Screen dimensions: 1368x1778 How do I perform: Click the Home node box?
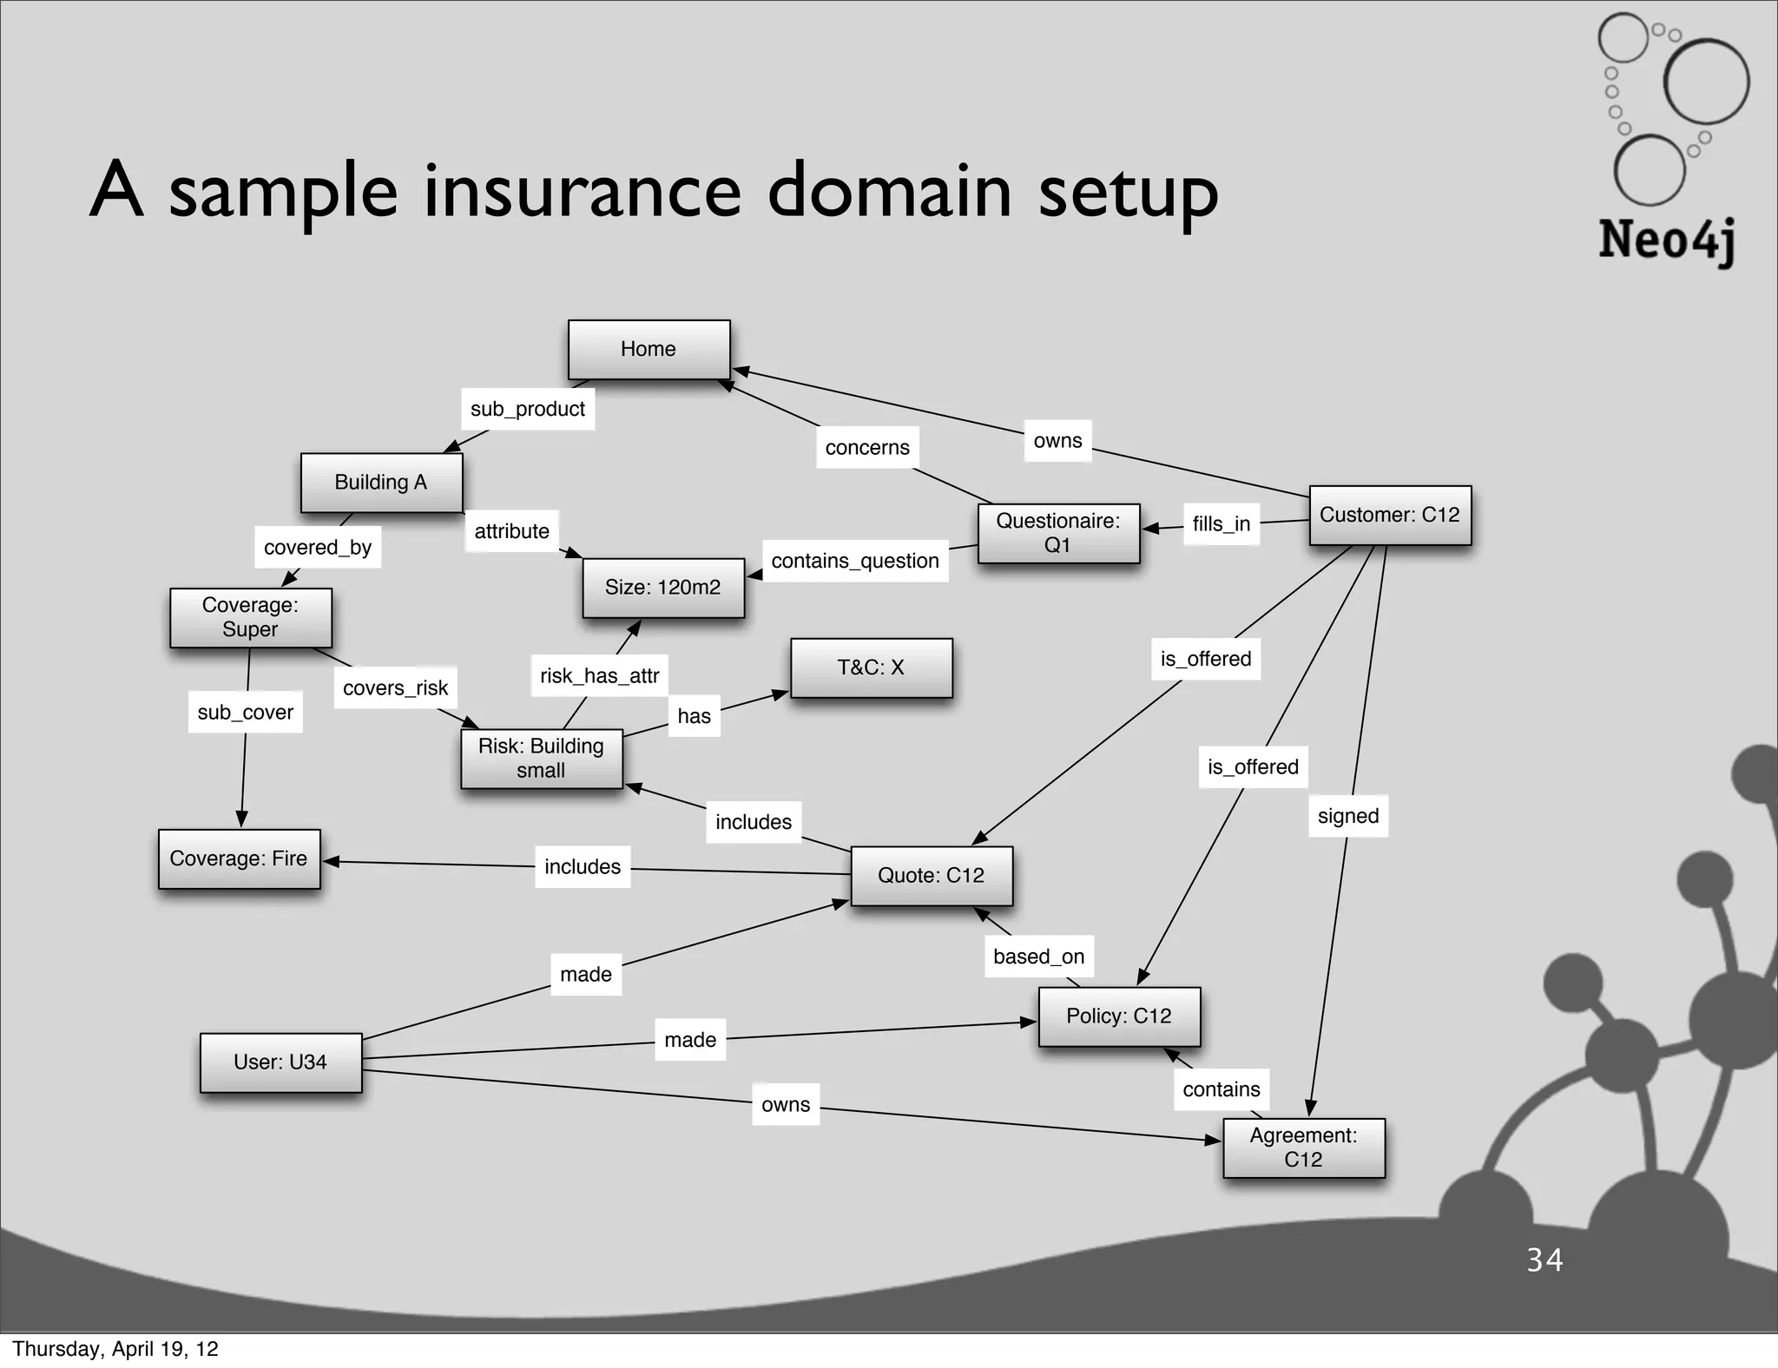pyautogui.click(x=649, y=349)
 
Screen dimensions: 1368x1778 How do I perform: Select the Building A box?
pyautogui.click(x=381, y=483)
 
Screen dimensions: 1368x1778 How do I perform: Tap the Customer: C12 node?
pyautogui.click(x=1389, y=515)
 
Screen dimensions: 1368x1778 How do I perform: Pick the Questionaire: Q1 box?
pyautogui.click(x=1057, y=533)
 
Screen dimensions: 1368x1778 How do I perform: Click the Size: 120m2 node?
pyautogui.click(x=662, y=588)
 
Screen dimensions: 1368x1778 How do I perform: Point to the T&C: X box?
pyautogui.click(x=871, y=668)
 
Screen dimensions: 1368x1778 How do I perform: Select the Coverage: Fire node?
pyautogui.click(x=239, y=858)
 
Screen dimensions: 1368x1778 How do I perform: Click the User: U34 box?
pyautogui.click(x=280, y=1062)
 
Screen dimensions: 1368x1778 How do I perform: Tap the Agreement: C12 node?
pyautogui.click(x=1303, y=1148)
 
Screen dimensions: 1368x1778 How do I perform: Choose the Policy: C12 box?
pyautogui.click(x=1119, y=1016)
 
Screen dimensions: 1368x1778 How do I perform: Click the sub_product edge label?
pyautogui.click(x=528, y=409)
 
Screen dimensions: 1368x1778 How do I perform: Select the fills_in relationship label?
pyautogui.click(x=1221, y=523)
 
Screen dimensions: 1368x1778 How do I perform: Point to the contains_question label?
pyautogui.click(x=855, y=561)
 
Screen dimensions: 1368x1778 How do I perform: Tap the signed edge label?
pyautogui.click(x=1347, y=816)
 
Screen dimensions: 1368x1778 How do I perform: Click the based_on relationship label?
pyautogui.click(x=1038, y=957)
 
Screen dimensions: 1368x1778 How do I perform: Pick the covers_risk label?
pyautogui.click(x=395, y=687)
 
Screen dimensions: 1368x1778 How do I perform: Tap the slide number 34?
pyautogui.click(x=1544, y=1259)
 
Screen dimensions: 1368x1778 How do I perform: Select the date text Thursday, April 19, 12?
pyautogui.click(x=115, y=1349)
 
